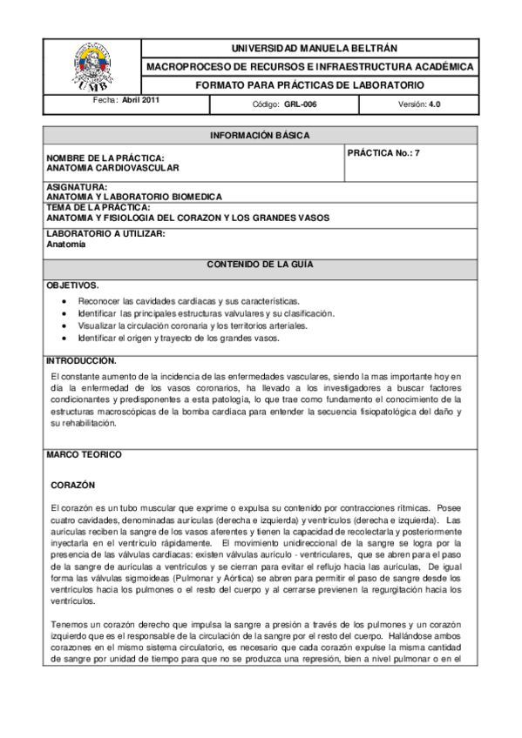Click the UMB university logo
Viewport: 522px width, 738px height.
(x=92, y=67)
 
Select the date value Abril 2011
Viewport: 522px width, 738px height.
(x=140, y=100)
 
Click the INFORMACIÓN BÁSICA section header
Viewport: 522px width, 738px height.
(x=260, y=135)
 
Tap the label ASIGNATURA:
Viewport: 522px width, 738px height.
(x=77, y=187)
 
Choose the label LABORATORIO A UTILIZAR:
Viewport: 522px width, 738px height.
(x=105, y=235)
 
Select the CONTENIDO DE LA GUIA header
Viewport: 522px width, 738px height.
(x=260, y=263)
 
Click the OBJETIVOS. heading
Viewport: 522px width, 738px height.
(x=72, y=285)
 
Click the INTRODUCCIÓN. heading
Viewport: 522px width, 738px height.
(x=81, y=359)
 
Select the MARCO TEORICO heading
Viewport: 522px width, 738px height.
(x=84, y=454)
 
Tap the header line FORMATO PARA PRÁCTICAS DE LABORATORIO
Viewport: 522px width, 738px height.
(x=309, y=85)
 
